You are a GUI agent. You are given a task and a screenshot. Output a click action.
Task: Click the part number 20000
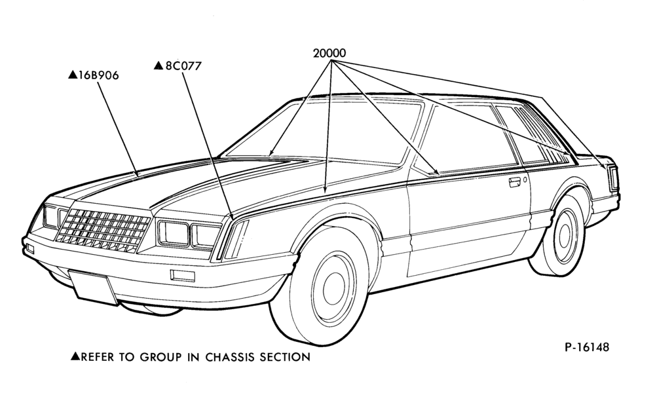pyautogui.click(x=329, y=53)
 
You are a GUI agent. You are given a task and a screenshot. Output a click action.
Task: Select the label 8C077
pyautogui.click(x=183, y=66)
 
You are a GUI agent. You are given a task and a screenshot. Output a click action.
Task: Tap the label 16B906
pyautogui.click(x=99, y=75)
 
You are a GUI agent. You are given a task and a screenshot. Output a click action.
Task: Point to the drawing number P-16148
pyautogui.click(x=587, y=347)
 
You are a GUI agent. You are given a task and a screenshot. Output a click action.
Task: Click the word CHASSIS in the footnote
pyautogui.click(x=231, y=357)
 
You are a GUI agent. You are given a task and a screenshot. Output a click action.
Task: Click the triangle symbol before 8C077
pyautogui.click(x=159, y=65)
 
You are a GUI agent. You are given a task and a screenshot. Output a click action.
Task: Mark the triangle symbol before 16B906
pyautogui.click(x=73, y=75)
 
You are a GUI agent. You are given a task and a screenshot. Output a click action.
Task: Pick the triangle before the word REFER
pyautogui.click(x=75, y=356)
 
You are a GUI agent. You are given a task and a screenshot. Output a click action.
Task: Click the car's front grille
pyautogui.click(x=103, y=231)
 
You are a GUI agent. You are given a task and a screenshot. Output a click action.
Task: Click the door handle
pyautogui.click(x=515, y=182)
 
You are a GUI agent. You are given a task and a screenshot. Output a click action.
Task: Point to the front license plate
pyautogui.click(x=93, y=286)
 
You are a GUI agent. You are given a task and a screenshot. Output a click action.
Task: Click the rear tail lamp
pyautogui.click(x=613, y=178)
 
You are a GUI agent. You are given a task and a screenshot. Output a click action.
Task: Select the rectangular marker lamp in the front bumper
pyautogui.click(x=183, y=275)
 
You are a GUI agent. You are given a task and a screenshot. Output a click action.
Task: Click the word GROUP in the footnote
pyautogui.click(x=161, y=357)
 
